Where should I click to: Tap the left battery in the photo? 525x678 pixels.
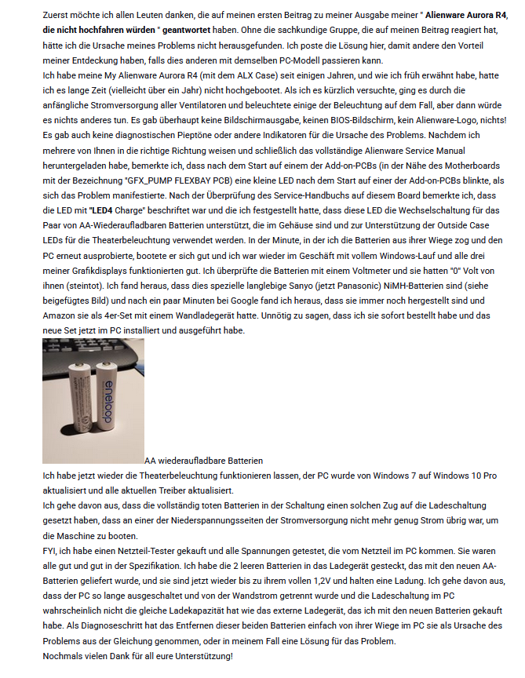[x=79, y=400]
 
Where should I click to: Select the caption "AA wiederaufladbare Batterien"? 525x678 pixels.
[x=203, y=461]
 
